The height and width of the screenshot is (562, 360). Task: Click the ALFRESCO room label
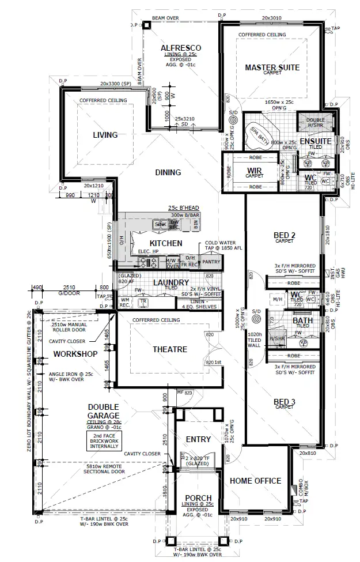click(x=180, y=47)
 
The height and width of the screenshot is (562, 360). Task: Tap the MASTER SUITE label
click(x=272, y=67)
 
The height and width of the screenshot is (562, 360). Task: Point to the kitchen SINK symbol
click(x=160, y=224)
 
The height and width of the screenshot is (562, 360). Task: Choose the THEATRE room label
click(x=169, y=349)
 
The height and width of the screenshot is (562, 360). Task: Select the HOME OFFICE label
click(x=255, y=481)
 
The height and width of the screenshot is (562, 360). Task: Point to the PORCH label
click(x=198, y=498)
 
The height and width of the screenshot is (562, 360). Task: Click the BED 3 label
click(x=284, y=401)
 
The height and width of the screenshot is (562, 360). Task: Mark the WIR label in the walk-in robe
click(x=255, y=171)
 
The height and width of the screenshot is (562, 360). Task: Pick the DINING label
click(x=168, y=172)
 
